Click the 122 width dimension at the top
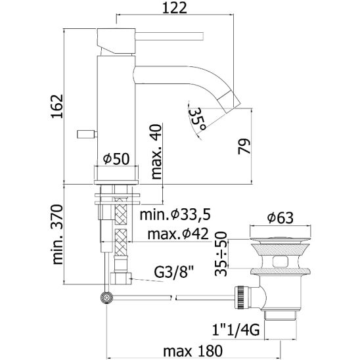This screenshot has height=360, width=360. (175, 9)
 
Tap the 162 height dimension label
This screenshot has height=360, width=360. (56, 106)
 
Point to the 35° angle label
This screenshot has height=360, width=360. (196, 119)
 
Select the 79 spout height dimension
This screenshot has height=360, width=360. (244, 146)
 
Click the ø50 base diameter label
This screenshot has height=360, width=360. (116, 158)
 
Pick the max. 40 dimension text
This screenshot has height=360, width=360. (156, 152)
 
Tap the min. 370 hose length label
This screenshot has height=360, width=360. (57, 235)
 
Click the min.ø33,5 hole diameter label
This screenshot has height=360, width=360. (175, 215)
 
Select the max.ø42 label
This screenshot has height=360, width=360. (178, 234)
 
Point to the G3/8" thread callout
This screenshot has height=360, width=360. (174, 272)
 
